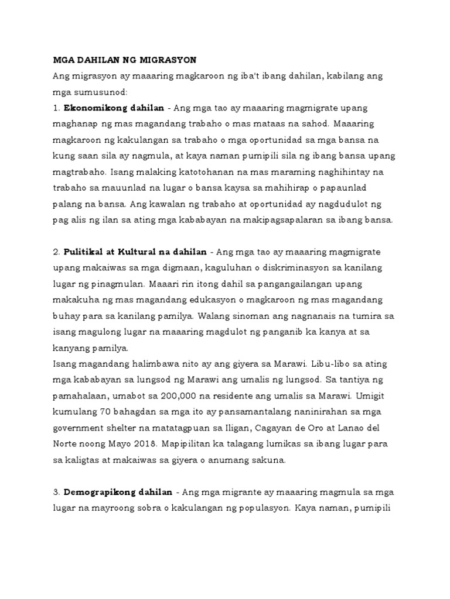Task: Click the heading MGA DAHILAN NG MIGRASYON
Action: (125, 60)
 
